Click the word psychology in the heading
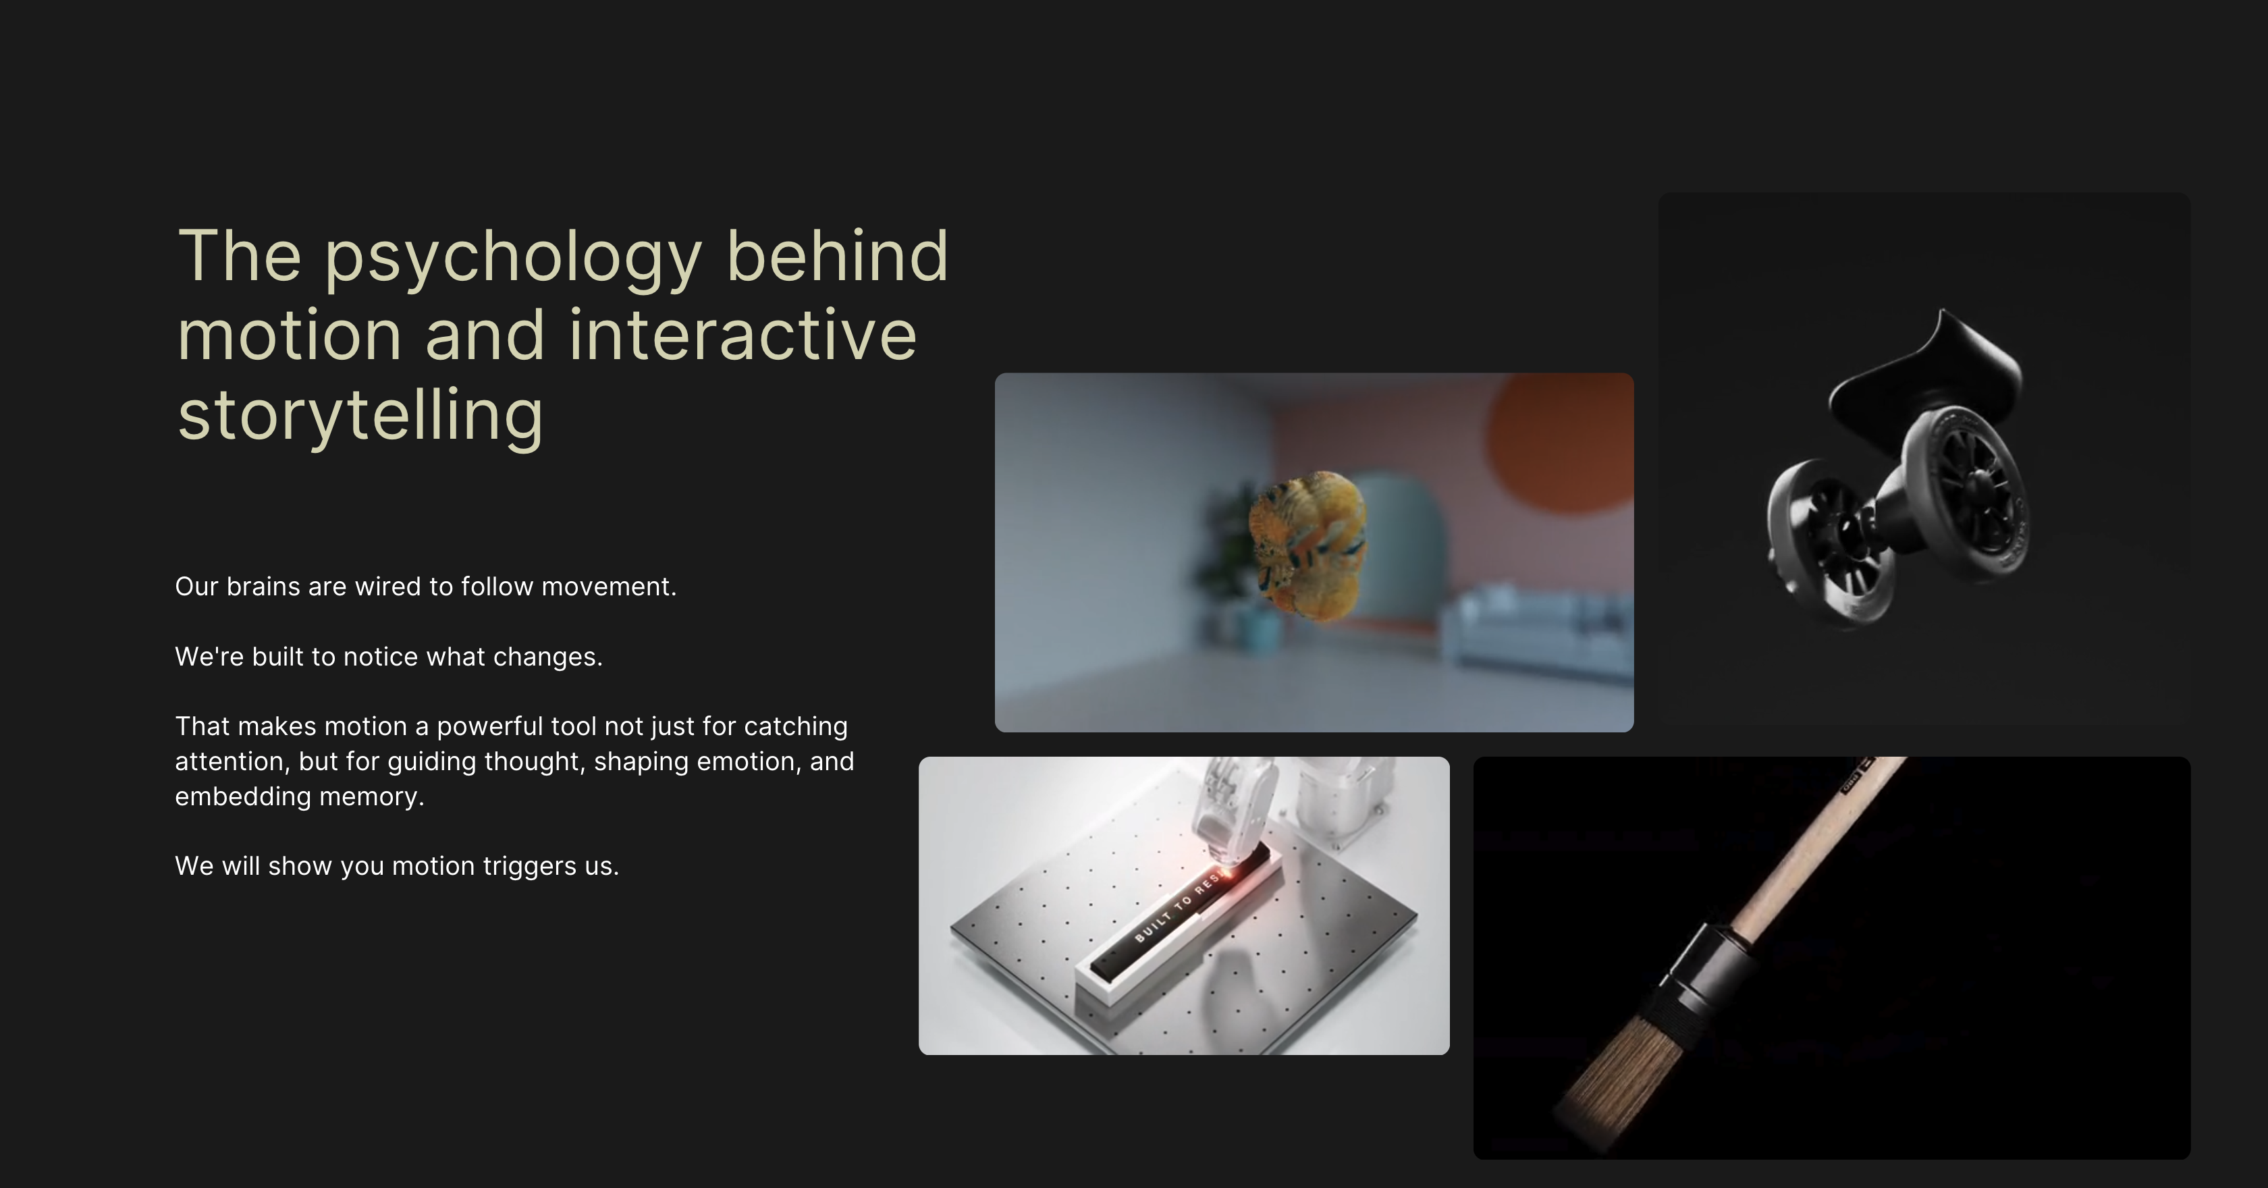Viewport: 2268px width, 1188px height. click(512, 257)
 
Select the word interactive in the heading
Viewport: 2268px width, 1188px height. click(742, 335)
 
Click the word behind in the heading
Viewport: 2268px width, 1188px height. click(836, 256)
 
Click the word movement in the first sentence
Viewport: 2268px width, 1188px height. click(608, 587)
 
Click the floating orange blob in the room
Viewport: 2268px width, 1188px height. click(1307, 545)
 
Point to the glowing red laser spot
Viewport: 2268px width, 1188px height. click(1229, 873)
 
